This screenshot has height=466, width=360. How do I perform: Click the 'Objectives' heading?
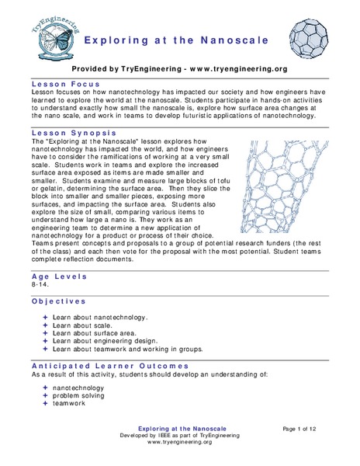tap(59, 301)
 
